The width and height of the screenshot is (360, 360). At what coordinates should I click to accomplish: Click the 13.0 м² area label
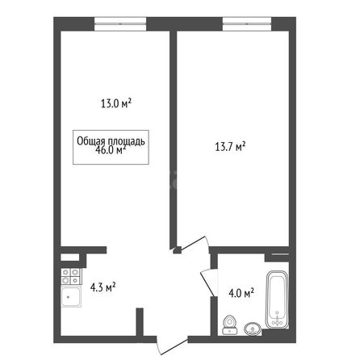point(116,103)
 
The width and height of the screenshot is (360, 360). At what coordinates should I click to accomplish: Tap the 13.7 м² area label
point(230,147)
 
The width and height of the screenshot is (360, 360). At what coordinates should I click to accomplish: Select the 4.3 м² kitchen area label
point(103,287)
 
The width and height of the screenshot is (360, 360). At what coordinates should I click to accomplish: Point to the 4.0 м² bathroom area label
point(241,293)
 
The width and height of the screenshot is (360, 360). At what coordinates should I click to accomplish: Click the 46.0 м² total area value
point(111,150)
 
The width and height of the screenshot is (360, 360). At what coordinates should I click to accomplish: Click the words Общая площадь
point(111,141)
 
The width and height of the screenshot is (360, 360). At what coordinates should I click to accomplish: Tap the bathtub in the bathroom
point(277,299)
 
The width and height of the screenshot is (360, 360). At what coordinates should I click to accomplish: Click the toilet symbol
point(230,324)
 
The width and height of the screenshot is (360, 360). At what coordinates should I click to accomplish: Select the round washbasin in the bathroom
point(253,329)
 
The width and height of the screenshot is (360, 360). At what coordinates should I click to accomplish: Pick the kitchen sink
point(70,297)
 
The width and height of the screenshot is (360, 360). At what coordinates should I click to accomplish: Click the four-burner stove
point(71,277)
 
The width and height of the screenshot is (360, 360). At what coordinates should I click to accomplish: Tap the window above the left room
point(120,24)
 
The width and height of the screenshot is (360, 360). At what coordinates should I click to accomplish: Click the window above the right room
point(247,24)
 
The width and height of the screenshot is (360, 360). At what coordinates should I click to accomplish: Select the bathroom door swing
point(209,283)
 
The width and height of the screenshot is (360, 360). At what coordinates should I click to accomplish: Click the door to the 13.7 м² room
point(194,245)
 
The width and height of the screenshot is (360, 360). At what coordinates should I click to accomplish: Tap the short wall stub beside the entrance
point(140,322)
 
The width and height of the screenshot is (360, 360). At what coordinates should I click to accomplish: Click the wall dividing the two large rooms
point(173,140)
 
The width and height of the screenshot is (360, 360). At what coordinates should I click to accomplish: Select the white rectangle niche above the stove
point(70,257)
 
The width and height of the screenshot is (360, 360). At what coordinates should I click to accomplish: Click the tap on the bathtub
point(278,320)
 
